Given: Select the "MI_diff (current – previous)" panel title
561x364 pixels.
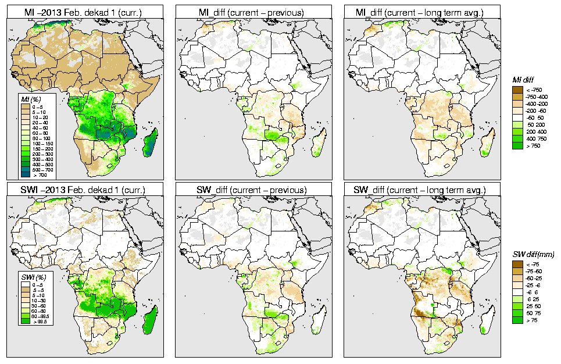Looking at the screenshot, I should coord(256,11).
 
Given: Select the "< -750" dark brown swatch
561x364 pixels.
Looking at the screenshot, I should coord(516,90).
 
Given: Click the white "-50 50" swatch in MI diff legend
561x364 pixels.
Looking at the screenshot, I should coord(516,118).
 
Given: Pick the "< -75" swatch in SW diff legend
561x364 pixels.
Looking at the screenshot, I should coord(516,264).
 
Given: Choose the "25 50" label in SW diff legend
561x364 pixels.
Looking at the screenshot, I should coord(532,306).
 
